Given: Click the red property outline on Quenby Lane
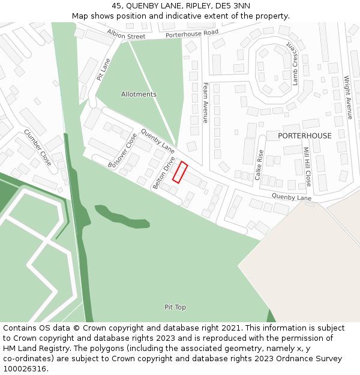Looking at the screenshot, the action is coord(180,172).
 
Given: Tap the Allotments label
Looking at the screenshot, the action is coord(139,94).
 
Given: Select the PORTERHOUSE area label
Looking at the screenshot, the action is coord(304,136).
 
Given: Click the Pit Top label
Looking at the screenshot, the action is coord(175,307).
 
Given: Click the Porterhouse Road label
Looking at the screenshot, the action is coord(192,35).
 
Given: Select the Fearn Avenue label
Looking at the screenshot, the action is coord(205,103).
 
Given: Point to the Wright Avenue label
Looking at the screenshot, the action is coord(348,97).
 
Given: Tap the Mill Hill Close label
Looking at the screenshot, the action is coord(307,167).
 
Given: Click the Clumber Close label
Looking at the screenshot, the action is coord(37,148).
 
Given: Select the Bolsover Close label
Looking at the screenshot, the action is coord(122,151).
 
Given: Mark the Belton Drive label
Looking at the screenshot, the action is coord(164,173).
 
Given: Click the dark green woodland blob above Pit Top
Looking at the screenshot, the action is coord(122,217).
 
